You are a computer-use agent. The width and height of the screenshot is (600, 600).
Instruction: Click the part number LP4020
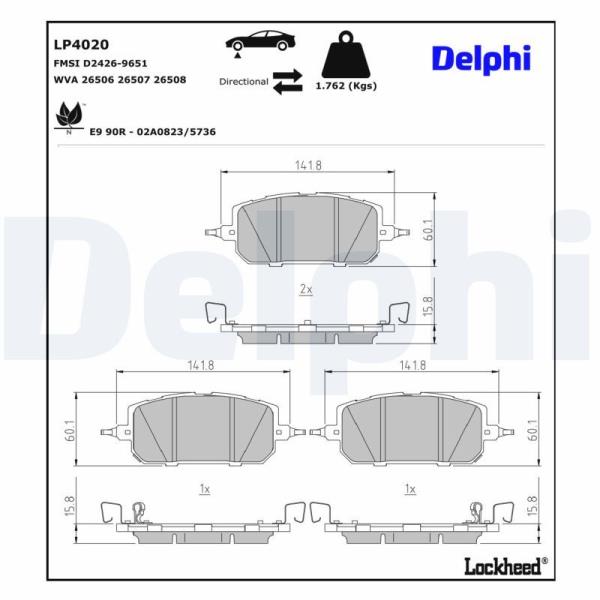pos(81,44)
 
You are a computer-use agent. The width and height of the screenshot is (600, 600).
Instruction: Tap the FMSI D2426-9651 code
pos(100,63)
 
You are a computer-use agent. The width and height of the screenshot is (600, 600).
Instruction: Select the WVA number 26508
pos(170,80)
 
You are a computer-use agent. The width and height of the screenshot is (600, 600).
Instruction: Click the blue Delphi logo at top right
pos(481,59)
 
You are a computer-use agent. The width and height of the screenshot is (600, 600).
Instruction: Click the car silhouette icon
pos(261,41)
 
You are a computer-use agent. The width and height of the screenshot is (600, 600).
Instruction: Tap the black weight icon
pos(346,55)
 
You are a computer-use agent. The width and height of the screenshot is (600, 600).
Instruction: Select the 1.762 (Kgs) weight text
pos(346,86)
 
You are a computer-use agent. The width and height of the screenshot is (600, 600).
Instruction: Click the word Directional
pos(244,82)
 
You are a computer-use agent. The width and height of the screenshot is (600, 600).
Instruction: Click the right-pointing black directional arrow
pos(287,75)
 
